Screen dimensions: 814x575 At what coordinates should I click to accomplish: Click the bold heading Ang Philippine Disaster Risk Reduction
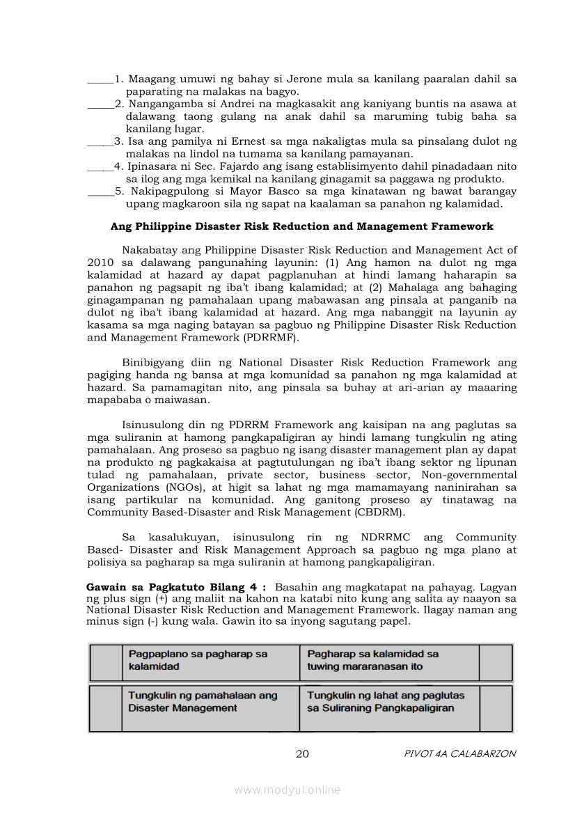pos(301,226)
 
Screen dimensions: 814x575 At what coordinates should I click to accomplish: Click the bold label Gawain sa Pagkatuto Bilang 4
pos(175,587)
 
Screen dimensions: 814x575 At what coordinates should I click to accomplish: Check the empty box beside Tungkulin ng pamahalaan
pos(105,708)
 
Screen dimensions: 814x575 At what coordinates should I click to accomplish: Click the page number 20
pos(302,753)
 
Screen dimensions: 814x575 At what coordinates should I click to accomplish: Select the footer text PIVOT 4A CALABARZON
pos(460,753)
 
